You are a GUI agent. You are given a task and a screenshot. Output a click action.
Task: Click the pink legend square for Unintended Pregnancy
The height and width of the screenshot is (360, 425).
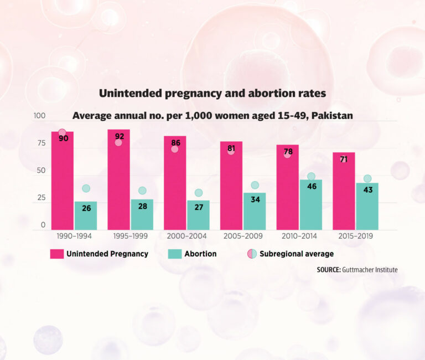click(56, 254)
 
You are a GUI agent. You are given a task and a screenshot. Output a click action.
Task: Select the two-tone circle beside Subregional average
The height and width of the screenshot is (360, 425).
click(252, 254)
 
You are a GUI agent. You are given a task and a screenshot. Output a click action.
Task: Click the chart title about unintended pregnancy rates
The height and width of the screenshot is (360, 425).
click(212, 94)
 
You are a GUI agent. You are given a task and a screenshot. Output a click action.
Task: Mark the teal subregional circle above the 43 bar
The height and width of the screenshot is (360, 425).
click(367, 178)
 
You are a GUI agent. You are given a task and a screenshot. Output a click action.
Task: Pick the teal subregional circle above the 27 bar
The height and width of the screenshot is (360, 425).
click(198, 193)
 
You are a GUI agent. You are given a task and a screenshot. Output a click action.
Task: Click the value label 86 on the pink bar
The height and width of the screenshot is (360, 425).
click(175, 143)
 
